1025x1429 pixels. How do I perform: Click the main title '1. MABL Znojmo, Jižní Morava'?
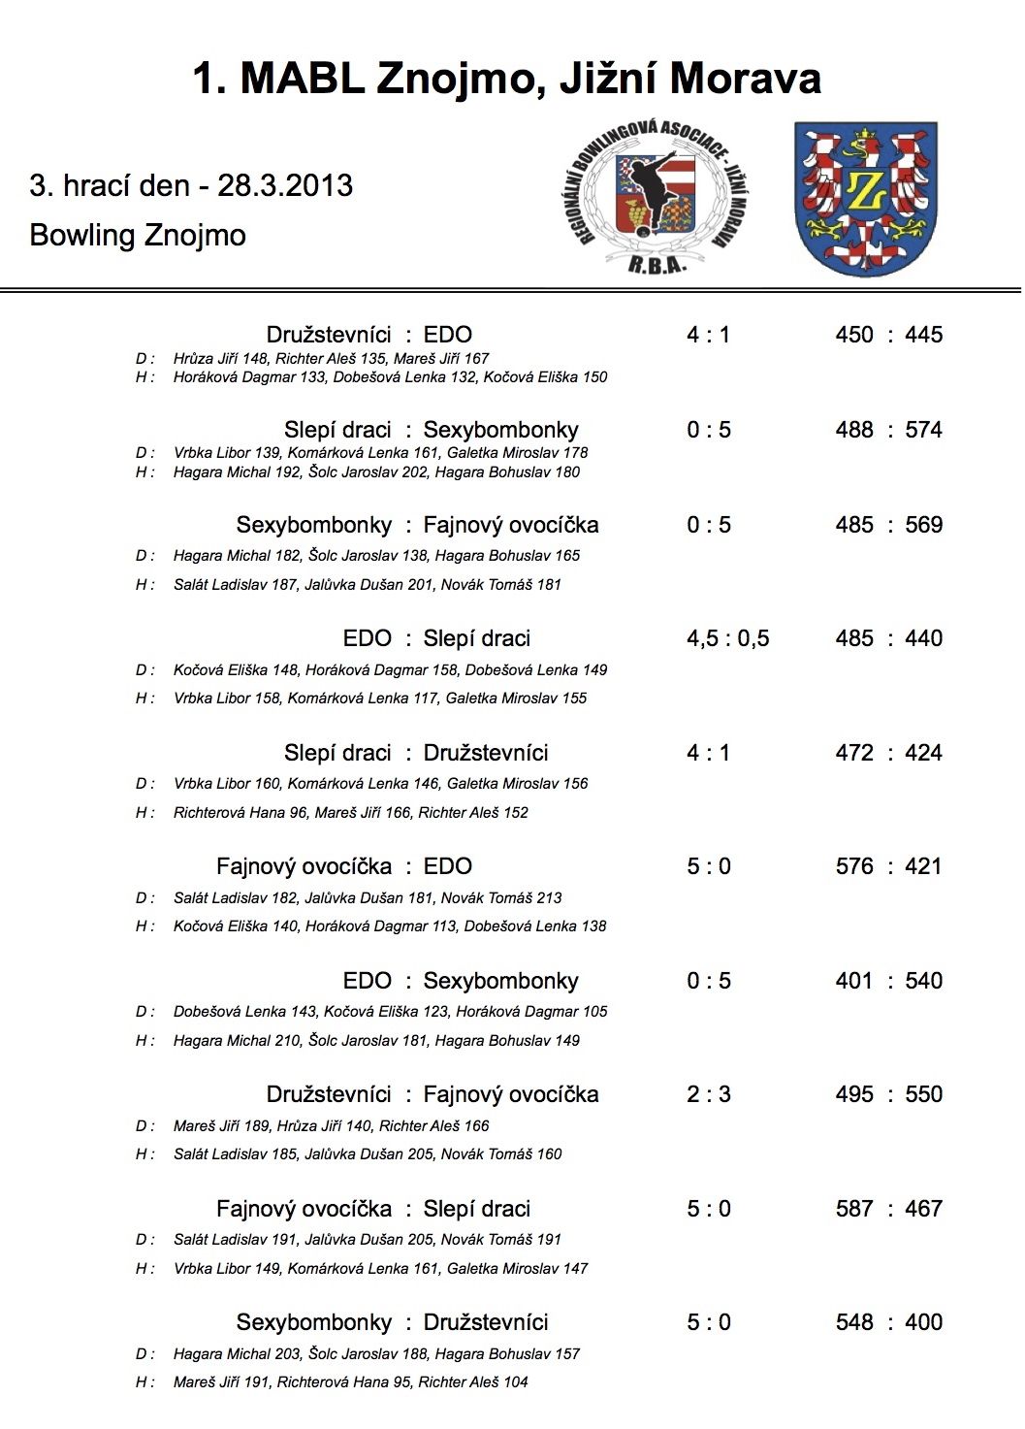click(x=506, y=79)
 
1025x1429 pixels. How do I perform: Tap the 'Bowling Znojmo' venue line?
click(x=138, y=235)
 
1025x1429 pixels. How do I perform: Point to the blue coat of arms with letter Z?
click(x=865, y=198)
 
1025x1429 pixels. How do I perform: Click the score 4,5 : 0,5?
click(x=727, y=638)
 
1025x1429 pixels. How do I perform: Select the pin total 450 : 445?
click(x=888, y=335)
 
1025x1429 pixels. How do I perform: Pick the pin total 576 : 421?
click(x=888, y=866)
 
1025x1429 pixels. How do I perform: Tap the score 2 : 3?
click(x=708, y=1094)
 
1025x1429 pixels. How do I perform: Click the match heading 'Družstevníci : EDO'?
click(x=368, y=335)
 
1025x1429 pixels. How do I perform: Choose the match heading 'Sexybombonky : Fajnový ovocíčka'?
click(x=417, y=525)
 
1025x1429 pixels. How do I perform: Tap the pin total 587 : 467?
click(x=888, y=1209)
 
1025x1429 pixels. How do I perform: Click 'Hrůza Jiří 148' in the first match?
click(x=220, y=358)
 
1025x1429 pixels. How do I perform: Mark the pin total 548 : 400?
click(x=888, y=1322)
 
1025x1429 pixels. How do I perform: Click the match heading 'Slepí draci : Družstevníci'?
click(x=416, y=753)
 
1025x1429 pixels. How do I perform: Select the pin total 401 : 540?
click(x=888, y=981)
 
